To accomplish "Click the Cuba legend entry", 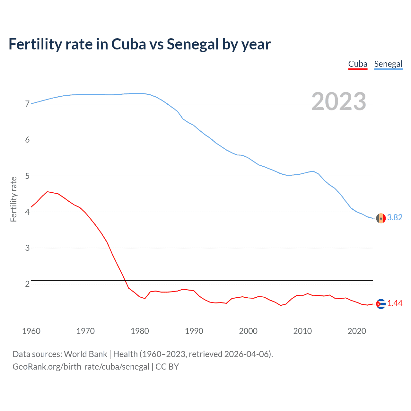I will point(358,64).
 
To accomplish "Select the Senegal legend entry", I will point(388,64).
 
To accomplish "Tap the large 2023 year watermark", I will point(338,101).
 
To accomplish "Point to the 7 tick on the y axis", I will point(27,104).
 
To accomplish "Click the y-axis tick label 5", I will point(27,176).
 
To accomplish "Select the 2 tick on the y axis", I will point(27,284).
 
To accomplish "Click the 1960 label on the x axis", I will point(31,331).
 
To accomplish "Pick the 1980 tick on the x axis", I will point(140,331).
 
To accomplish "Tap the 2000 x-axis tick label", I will point(248,331).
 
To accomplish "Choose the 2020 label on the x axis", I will point(357,331).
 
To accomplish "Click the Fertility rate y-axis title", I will point(13,199).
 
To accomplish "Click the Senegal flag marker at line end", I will point(381,218).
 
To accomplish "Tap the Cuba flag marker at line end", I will point(381,304).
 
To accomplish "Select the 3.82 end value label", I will point(395,218).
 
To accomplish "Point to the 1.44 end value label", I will point(395,303).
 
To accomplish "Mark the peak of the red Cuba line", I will point(48,192).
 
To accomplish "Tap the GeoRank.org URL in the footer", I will point(81,367).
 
